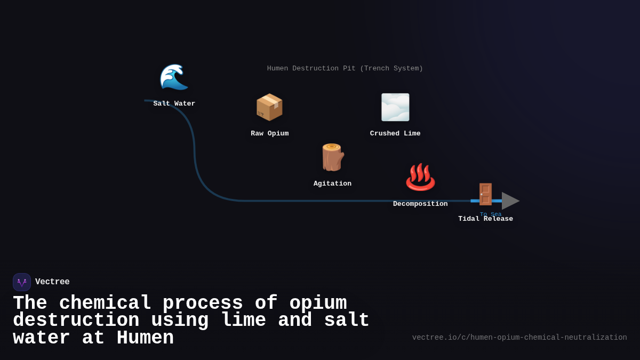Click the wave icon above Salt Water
coord(174,77)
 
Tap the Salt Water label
coord(174,104)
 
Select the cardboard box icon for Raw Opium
coord(269,107)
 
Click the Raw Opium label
coord(270,134)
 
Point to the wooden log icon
coord(332,157)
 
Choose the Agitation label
coord(332,184)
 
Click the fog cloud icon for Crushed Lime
coord(395,107)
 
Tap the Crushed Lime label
coord(395,134)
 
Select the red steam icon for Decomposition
coord(420,178)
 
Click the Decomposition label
coord(420,204)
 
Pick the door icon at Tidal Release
coord(485,194)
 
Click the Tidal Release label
coord(485,219)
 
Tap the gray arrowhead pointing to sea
coord(510,201)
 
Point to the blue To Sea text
coord(491,214)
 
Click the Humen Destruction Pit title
coord(345,69)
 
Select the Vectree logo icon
coord(22,282)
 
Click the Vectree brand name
coord(52,282)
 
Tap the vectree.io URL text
coord(519,338)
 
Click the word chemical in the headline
coord(105,303)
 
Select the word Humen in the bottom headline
coord(145,338)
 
